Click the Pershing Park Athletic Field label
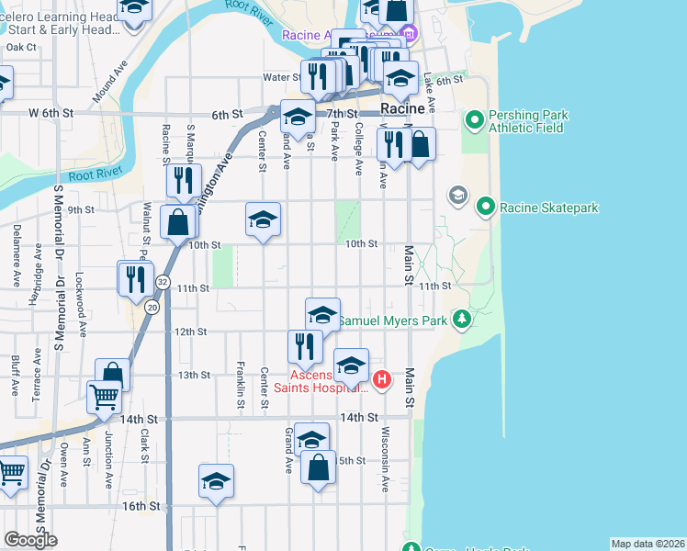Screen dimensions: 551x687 click(x=527, y=121)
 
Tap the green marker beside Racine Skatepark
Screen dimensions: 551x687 click(x=487, y=207)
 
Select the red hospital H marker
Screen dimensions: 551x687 click(x=383, y=377)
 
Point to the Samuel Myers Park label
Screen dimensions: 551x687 click(x=393, y=320)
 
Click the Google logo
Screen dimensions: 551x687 click(x=30, y=539)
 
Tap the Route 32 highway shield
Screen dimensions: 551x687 click(x=163, y=281)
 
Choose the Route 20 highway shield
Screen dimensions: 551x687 click(x=152, y=307)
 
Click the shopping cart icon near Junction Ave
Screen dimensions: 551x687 click(x=104, y=398)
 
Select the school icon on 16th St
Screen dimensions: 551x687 click(x=216, y=481)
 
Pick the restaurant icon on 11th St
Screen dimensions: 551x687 click(x=136, y=278)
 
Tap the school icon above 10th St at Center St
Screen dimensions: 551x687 click(x=263, y=219)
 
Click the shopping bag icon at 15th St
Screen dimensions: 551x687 click(x=318, y=467)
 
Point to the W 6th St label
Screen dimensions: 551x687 click(x=50, y=113)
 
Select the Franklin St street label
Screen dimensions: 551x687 click(x=240, y=377)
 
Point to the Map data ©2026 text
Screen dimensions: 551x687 click(x=647, y=544)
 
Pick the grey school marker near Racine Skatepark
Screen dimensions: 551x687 click(x=457, y=196)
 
